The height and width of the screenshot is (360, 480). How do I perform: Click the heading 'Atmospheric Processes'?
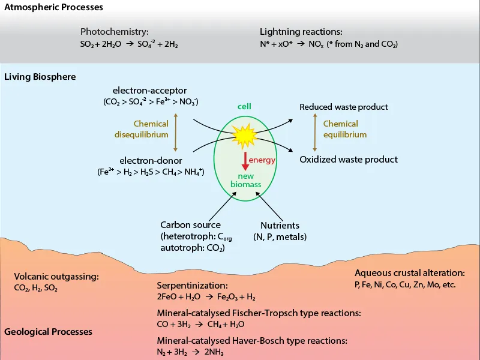click(x=53, y=8)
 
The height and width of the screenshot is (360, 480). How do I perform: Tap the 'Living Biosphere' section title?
click(x=40, y=77)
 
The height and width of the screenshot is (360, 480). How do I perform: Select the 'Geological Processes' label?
click(x=48, y=332)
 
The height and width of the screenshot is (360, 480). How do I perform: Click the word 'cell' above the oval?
click(x=244, y=107)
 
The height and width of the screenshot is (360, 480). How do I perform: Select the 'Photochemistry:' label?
click(x=114, y=31)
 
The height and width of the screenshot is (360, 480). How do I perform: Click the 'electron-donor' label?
click(x=151, y=160)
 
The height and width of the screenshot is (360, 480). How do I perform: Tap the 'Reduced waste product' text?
click(x=344, y=107)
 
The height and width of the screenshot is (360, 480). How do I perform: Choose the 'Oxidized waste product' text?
click(x=349, y=160)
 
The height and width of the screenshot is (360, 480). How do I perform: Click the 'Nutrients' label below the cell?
click(x=280, y=226)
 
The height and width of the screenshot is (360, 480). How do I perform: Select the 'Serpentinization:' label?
click(x=193, y=286)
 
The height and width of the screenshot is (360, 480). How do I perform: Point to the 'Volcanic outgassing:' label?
click(x=56, y=277)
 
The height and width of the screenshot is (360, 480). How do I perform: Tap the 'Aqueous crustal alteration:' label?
click(x=410, y=272)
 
